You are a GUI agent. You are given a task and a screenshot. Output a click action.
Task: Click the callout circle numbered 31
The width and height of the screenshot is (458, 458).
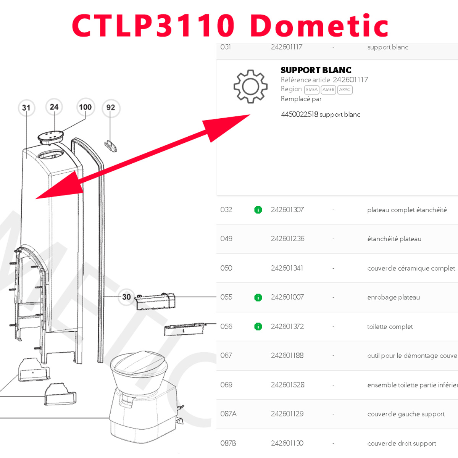26,108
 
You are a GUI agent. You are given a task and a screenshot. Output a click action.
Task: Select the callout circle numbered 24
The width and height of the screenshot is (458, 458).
54,107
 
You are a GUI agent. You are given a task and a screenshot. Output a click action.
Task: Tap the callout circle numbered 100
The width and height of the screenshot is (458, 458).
85,107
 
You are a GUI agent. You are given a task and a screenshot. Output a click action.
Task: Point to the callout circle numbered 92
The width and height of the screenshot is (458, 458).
111,108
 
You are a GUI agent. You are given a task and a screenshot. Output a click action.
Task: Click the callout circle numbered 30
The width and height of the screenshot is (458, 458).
126,297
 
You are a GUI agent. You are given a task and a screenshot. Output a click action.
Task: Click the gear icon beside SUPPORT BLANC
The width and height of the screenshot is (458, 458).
250,86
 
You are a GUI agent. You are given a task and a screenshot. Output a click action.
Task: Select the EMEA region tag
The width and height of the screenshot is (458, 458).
311,90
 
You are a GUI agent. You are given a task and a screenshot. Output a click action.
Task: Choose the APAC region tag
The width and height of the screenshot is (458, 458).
345,90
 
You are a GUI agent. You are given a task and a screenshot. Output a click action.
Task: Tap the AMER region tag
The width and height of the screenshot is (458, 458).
328,90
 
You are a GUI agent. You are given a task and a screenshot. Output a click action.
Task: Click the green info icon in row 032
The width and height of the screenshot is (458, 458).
258,210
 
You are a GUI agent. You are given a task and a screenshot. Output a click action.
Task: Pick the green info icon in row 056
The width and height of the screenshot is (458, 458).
258,326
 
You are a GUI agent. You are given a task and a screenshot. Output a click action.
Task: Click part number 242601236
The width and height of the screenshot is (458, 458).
287,239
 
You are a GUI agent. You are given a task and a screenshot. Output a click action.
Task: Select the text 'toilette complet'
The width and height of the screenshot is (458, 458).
390,327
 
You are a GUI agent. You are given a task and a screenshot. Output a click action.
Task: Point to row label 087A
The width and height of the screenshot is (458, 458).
228,414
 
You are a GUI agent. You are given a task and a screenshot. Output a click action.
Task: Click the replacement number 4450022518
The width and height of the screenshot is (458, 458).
299,114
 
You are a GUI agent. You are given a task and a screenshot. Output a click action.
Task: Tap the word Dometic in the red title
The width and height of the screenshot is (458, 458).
319,26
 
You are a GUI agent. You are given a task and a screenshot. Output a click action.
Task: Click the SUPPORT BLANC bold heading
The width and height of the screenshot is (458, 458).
316,70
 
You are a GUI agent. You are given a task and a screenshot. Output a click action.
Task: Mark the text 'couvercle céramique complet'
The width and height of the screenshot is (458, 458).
411,268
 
